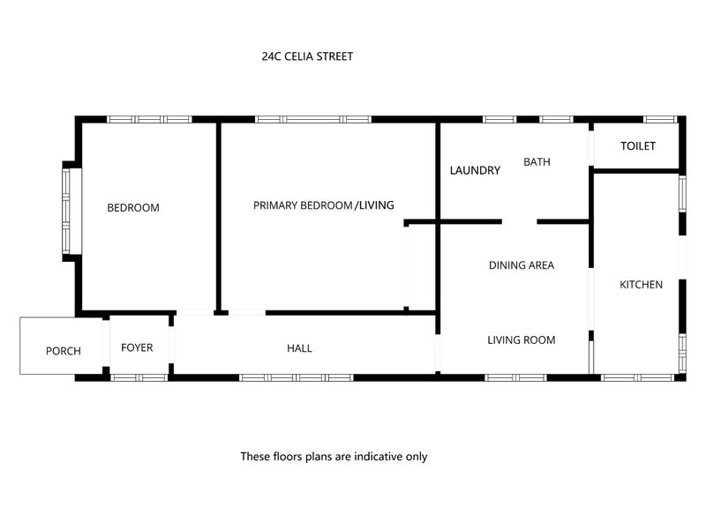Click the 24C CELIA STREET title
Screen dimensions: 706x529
[307, 56]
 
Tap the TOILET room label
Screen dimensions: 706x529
[637, 145]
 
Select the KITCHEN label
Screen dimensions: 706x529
[642, 284]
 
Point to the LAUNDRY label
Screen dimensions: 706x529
[475, 170]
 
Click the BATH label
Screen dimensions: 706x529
[537, 162]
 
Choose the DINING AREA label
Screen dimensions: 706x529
[522, 265]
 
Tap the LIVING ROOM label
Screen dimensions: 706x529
[522, 339]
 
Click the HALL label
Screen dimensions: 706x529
[299, 347]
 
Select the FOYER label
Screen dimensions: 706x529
[137, 347]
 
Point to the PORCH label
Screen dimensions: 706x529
[64, 351]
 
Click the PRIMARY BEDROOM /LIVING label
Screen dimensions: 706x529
[324, 205]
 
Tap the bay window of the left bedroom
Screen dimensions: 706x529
[66, 211]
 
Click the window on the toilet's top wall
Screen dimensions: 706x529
[659, 119]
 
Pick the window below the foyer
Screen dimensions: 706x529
[139, 377]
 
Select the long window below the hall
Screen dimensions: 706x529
[297, 377]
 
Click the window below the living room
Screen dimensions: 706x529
[515, 377]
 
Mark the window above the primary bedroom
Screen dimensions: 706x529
[313, 119]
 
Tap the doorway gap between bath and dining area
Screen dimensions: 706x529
[519, 221]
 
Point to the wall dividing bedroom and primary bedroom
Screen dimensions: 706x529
[219, 218]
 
